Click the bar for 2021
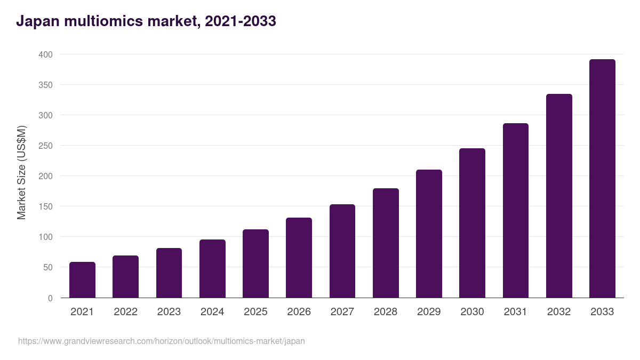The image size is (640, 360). (82, 280)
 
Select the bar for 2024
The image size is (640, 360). (212, 269)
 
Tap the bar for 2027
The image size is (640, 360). (342, 251)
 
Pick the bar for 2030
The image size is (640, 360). (472, 223)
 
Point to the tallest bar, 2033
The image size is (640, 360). (602, 179)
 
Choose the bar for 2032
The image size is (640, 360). (559, 196)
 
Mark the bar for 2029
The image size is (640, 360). (429, 234)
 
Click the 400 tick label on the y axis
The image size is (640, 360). (46, 54)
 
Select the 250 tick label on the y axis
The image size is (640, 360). (46, 146)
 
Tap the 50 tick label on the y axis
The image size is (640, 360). (48, 267)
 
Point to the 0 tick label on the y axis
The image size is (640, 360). (50, 298)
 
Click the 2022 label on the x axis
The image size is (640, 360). (125, 312)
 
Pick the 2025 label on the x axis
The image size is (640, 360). (255, 312)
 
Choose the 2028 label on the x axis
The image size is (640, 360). (386, 312)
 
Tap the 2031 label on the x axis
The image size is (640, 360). (516, 312)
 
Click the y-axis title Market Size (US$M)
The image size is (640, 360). (21, 172)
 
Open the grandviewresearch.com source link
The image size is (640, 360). (162, 341)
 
